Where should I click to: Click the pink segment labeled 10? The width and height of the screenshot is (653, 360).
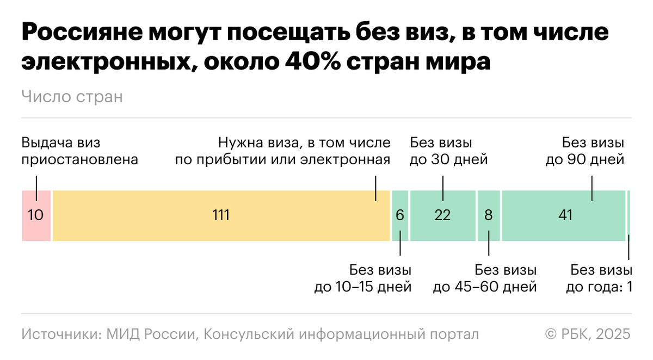(x=36, y=215)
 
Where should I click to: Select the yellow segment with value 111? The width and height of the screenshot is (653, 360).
(x=221, y=215)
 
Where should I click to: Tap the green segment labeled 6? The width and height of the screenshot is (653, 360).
(x=400, y=215)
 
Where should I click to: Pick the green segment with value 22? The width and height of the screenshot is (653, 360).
(x=443, y=215)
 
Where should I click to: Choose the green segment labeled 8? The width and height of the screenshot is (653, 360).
(x=489, y=215)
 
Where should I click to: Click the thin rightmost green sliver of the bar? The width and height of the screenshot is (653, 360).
(x=629, y=215)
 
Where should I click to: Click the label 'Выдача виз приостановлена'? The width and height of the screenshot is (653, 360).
(x=79, y=152)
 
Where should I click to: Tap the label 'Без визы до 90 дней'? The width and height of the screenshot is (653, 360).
(x=585, y=152)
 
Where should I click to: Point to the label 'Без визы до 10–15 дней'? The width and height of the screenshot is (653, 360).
(x=363, y=278)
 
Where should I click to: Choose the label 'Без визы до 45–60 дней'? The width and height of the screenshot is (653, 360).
(x=485, y=278)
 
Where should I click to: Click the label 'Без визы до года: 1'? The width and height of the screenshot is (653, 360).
(x=599, y=278)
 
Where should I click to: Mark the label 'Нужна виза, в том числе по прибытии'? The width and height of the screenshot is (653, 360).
(x=282, y=152)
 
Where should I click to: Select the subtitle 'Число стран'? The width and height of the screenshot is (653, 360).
(x=72, y=97)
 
